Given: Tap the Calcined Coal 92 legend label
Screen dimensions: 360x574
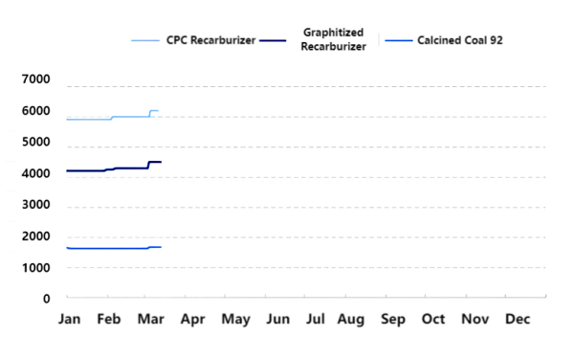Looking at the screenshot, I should [460, 41].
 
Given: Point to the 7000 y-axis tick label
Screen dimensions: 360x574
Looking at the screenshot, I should [34, 80].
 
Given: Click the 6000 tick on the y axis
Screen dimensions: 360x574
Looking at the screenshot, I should [34, 112].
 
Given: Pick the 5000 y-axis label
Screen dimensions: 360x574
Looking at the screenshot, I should [34, 143].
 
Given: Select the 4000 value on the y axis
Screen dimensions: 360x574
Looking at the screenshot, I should [34, 174].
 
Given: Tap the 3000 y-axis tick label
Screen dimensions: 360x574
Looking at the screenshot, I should [34, 206].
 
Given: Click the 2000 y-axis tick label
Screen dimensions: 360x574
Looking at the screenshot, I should [34, 236].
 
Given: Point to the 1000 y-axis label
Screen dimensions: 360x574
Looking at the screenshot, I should [34, 268].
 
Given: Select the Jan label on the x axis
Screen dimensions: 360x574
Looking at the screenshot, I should [69, 318].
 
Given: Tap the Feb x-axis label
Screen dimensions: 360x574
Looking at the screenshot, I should [110, 318].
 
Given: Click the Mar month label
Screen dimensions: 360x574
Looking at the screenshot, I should [151, 318].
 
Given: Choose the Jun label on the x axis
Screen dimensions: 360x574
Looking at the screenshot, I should [277, 318].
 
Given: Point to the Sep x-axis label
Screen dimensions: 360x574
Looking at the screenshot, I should [393, 318].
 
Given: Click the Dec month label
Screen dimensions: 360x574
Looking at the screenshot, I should [517, 318].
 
